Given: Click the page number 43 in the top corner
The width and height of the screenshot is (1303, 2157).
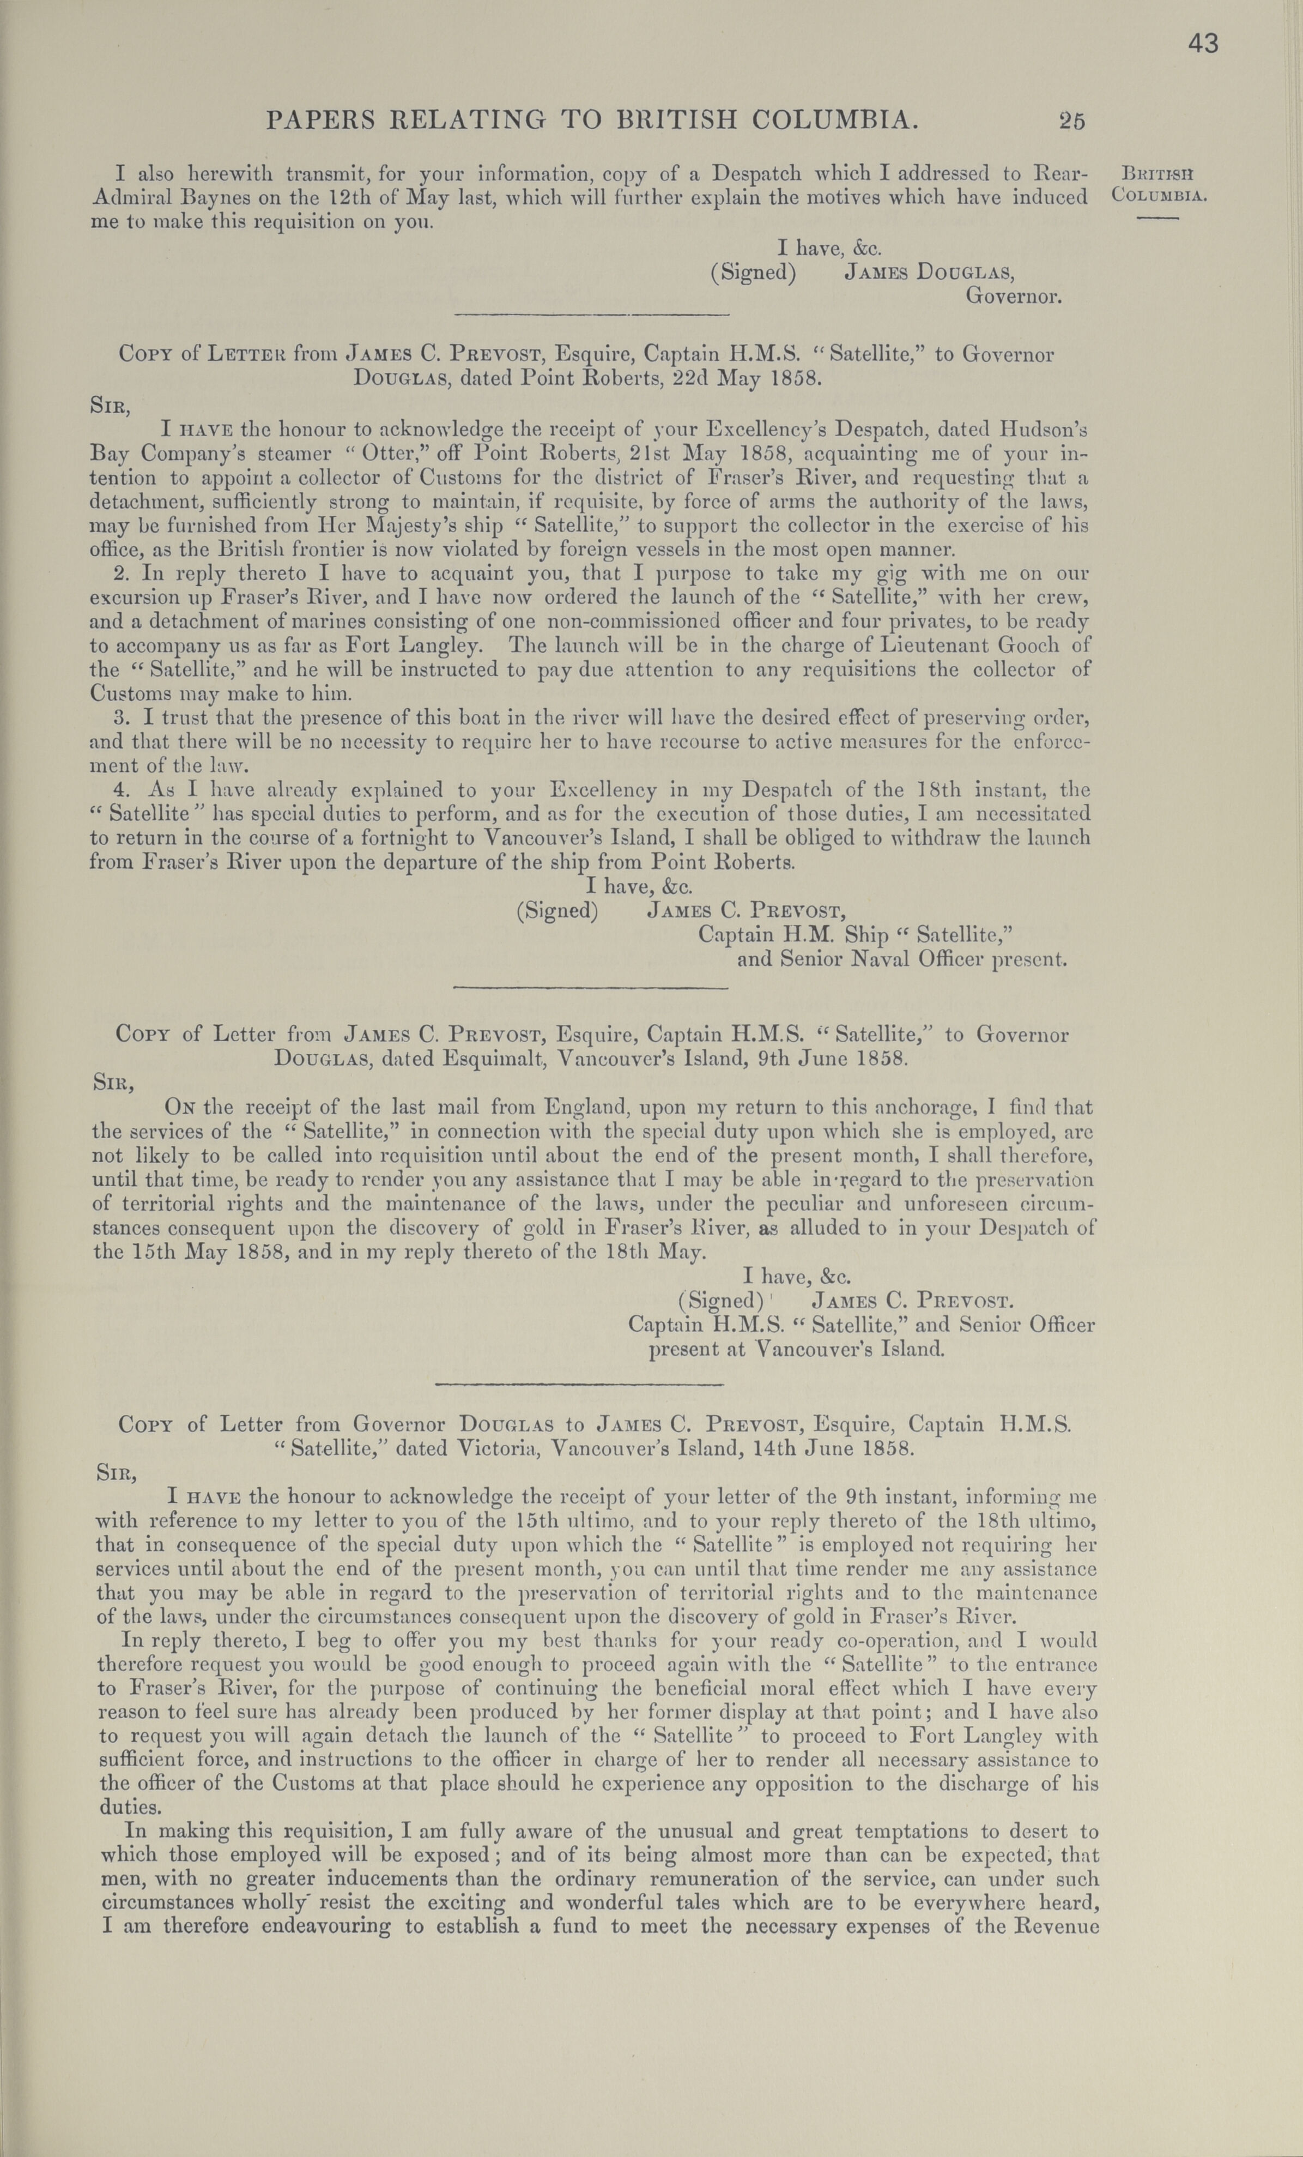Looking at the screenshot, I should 1203,44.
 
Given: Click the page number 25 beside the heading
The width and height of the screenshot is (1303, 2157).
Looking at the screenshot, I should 1071,120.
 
